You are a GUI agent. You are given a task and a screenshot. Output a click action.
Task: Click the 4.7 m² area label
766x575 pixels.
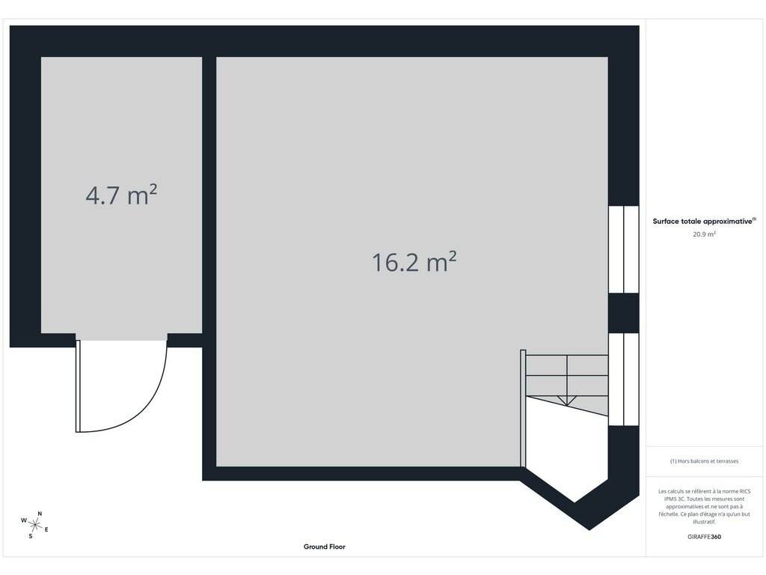tap(121, 195)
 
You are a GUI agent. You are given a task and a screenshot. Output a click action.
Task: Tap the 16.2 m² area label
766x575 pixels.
tap(414, 261)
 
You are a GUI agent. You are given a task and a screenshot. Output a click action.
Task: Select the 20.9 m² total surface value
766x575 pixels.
tap(704, 234)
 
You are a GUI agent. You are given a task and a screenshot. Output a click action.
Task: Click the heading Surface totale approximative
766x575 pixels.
tap(704, 221)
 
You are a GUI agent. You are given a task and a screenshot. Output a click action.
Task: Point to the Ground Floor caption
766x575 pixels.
tap(325, 547)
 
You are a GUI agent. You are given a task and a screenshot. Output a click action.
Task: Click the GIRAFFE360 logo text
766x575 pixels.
tap(704, 536)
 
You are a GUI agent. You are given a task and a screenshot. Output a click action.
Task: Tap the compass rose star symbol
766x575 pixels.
tap(34, 525)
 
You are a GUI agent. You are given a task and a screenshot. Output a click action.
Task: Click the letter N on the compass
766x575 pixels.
tap(40, 514)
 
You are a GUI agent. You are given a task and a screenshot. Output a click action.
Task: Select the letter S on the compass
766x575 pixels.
tap(30, 536)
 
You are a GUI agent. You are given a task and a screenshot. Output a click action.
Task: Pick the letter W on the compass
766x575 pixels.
tap(23, 520)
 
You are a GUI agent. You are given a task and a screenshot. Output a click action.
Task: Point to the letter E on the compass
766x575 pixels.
tap(46, 529)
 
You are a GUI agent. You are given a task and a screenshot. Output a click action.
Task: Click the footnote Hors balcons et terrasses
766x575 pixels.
tap(704, 461)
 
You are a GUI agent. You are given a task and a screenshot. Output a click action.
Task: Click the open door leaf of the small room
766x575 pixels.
tap(78, 386)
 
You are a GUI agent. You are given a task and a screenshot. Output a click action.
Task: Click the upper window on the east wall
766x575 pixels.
tap(624, 249)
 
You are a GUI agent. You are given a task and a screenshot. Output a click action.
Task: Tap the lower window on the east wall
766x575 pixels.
tap(624, 379)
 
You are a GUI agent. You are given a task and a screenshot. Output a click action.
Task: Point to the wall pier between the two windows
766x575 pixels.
tap(624, 313)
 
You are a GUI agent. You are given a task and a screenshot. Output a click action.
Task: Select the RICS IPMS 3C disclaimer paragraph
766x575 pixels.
tap(704, 507)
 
